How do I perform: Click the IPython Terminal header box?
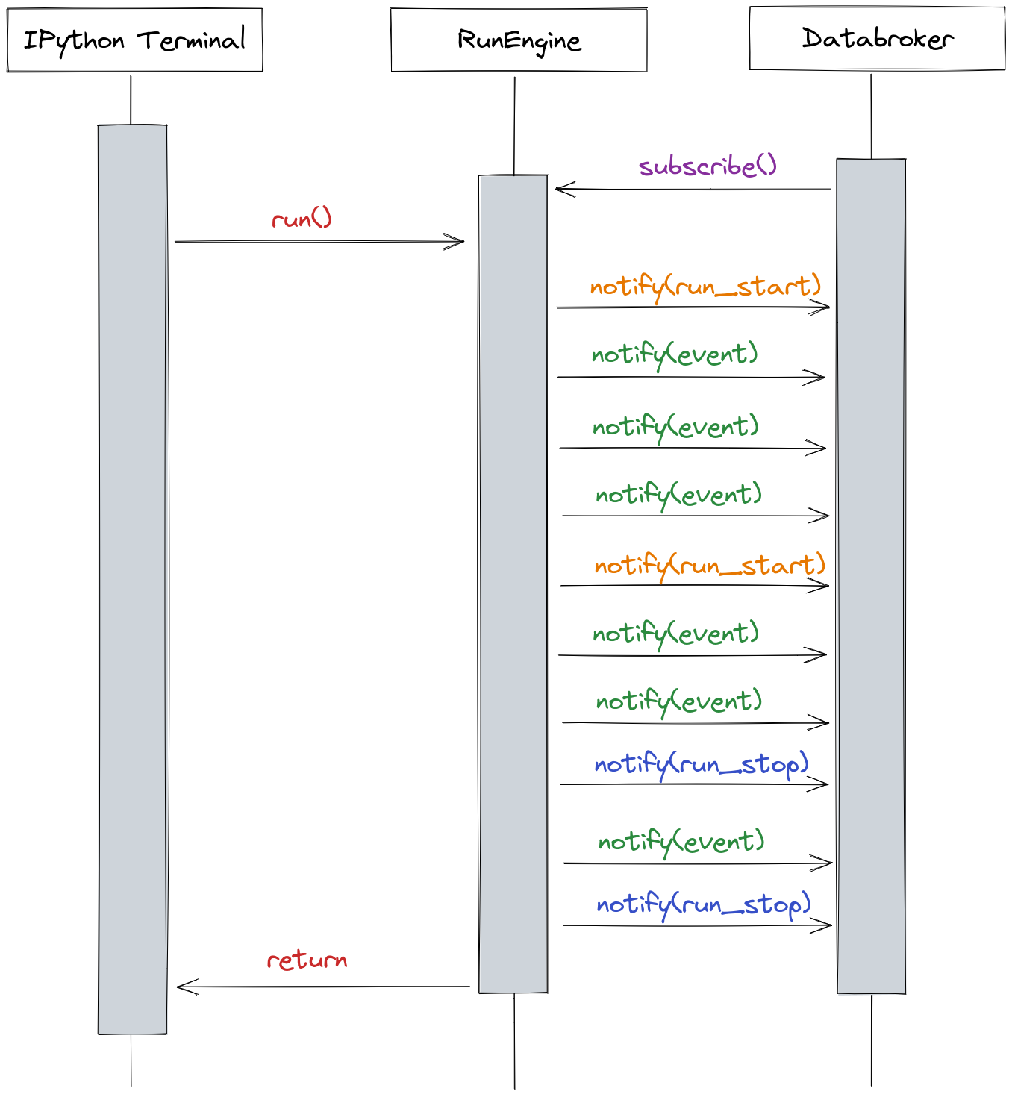coord(135,40)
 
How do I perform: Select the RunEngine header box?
coord(519,40)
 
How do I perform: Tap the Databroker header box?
coord(877,38)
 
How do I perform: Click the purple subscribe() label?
coord(708,166)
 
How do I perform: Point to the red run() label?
coord(302,219)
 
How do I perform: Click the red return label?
coord(307,960)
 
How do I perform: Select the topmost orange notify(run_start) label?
coord(705,287)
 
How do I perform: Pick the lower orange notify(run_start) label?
coord(710,565)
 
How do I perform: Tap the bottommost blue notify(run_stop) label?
coord(703,904)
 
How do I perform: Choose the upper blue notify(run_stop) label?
coord(702,764)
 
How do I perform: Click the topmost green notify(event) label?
coord(675,354)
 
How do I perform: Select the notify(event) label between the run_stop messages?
coord(681,842)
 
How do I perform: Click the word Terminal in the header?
coord(191,40)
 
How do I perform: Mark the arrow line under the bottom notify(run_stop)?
coord(694,925)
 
